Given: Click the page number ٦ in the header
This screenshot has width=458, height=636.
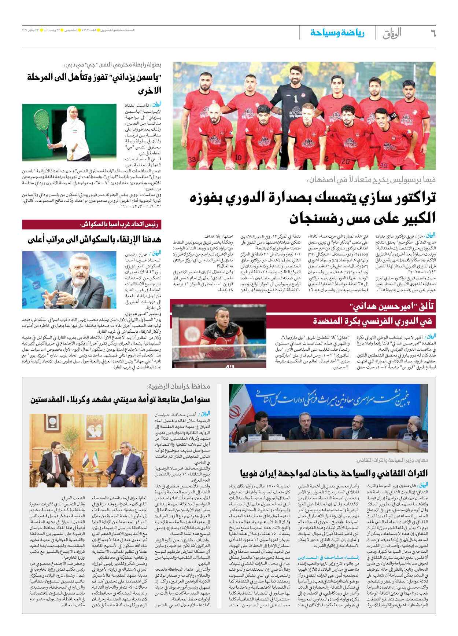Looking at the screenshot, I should click(x=432, y=33).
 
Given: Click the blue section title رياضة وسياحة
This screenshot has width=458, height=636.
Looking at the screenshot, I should click(x=337, y=33).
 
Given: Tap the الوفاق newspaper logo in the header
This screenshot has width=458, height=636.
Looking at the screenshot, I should click(x=392, y=33).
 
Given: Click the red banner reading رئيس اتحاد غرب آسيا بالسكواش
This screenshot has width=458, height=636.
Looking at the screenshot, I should click(x=92, y=224).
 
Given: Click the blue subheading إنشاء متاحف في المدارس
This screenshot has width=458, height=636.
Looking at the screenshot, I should click(x=328, y=557).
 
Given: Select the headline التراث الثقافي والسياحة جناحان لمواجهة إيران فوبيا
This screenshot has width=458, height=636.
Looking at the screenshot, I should click(x=333, y=473).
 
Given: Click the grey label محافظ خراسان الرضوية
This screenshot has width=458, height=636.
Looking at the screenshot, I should click(x=178, y=386).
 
